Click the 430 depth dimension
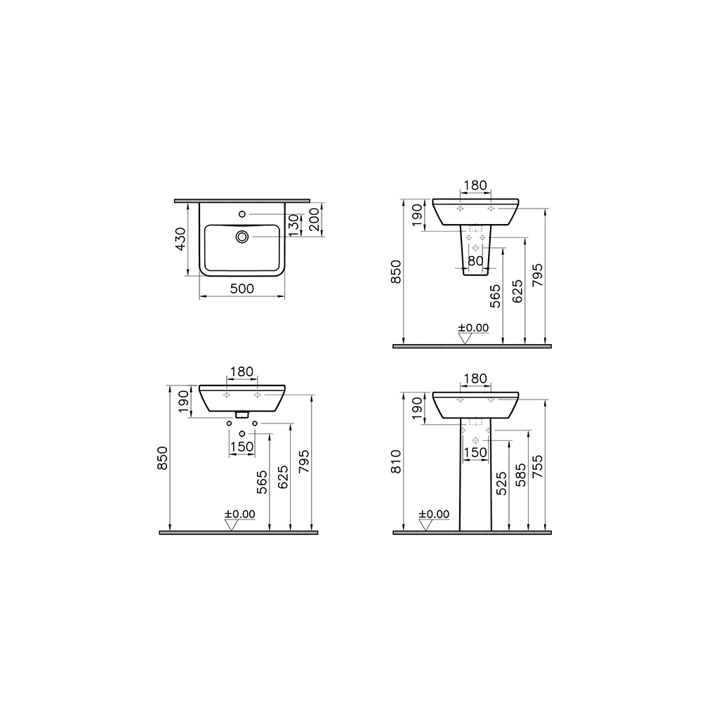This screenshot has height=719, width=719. click(180, 239)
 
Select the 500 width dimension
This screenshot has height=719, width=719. click(242, 289)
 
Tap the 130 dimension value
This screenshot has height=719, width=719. click(293, 225)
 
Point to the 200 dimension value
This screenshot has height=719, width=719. click(314, 220)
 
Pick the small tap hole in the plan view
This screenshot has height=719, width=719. click(243, 213)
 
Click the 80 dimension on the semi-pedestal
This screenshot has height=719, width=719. click(475, 260)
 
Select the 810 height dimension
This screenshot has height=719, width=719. click(396, 461)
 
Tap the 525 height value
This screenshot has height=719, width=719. click(500, 484)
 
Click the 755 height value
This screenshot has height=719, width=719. click(539, 466)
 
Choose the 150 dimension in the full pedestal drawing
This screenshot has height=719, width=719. click(475, 453)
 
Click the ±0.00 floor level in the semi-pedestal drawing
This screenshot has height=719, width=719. click(473, 327)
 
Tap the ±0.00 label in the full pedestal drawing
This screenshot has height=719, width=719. click(434, 514)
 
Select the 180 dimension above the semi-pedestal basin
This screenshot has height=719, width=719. click(475, 185)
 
